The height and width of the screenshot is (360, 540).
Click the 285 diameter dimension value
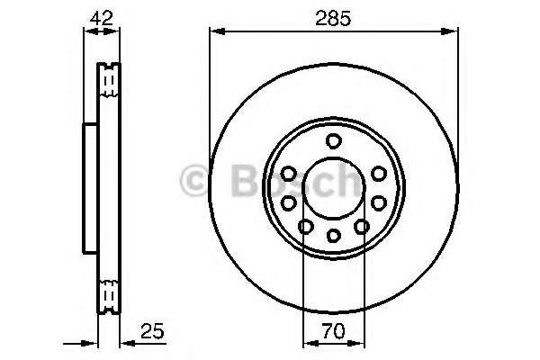(x=333, y=17)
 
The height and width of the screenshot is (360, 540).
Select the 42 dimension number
(x=102, y=17)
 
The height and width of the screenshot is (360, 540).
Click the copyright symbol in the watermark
(x=196, y=183)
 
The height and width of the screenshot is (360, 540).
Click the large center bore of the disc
(x=333, y=187)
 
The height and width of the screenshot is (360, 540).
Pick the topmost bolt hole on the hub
(x=334, y=140)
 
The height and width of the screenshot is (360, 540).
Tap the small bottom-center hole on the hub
(x=333, y=236)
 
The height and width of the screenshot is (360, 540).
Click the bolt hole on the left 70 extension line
(x=305, y=227)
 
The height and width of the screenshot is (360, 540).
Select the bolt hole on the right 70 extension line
(x=362, y=227)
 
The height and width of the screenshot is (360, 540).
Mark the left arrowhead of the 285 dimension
(x=216, y=32)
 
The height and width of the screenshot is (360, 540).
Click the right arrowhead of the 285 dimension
(x=452, y=32)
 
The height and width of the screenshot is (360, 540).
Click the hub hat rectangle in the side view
(x=90, y=187)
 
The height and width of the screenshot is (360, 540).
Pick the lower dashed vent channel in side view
(x=109, y=294)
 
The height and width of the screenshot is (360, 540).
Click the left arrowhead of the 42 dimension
(x=88, y=32)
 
